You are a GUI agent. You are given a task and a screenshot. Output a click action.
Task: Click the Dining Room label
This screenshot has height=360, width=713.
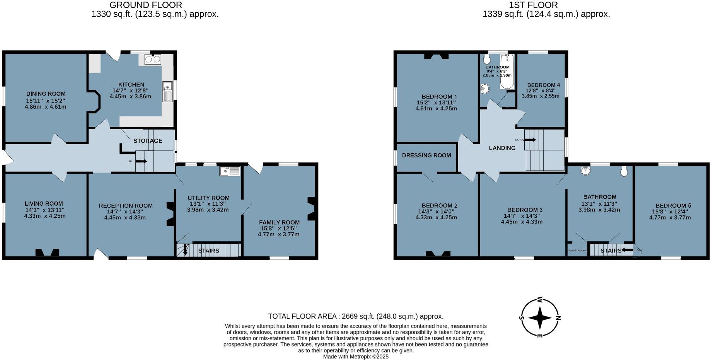tap(46, 94)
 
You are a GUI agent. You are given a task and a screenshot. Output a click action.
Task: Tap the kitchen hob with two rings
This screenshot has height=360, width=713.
tap(152, 60)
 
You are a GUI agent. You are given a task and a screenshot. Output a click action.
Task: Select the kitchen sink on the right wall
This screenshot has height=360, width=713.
tap(167, 92)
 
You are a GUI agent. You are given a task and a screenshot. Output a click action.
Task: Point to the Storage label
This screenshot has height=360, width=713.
tap(148, 141)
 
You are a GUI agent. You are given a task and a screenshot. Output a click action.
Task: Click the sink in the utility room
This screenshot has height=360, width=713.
tap(230, 171)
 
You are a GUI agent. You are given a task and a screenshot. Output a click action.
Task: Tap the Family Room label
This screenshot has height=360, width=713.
tap(279, 222)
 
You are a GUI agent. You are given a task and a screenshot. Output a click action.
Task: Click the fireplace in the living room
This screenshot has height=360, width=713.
tap(47, 253)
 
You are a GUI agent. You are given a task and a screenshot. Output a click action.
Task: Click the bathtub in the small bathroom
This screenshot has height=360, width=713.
tap(507, 72)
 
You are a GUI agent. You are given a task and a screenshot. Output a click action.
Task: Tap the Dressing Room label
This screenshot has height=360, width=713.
tap(426, 155)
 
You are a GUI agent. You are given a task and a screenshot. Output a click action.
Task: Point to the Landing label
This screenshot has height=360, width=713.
tap(502, 148)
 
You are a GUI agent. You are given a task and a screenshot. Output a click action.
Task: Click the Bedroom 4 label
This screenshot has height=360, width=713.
tap(543, 85)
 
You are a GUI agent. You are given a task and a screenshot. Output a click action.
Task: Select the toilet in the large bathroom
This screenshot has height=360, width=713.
tap(624, 171)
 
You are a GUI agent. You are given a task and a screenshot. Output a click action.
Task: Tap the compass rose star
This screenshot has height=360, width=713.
tap(539, 318)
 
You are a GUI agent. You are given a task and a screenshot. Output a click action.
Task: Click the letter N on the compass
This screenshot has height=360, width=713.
tap(558, 318)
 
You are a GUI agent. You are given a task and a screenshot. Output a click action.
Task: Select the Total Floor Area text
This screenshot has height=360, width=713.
tap(356, 316)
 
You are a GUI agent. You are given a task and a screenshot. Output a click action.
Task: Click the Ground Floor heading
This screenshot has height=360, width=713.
tap(146, 5)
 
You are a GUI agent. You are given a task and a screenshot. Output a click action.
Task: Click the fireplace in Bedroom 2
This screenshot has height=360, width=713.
tap(438, 254)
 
